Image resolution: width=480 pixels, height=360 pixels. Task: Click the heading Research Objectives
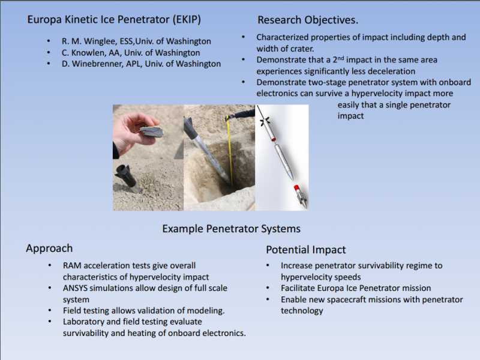coord(308,20)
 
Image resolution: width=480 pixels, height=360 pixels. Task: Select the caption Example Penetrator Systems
coord(231,229)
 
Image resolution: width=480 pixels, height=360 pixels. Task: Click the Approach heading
coord(49,248)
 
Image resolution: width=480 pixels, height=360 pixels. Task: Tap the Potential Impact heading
coord(305,250)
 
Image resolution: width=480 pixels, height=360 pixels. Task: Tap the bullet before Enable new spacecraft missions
coord(268,299)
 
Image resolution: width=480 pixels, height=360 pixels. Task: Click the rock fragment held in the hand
coord(152,131)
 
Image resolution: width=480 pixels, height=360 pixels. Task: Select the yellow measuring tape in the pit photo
coord(230,150)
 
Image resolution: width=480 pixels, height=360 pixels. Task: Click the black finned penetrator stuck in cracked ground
coord(127,179)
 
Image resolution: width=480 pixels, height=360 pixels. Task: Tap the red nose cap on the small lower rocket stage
coord(296,188)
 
